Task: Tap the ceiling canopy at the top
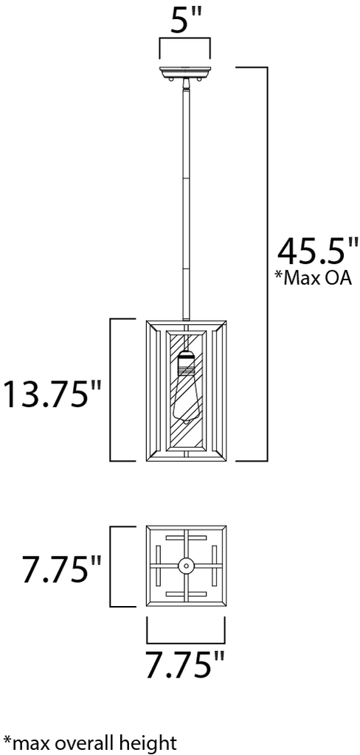point(185,72)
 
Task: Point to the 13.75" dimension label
point(52,394)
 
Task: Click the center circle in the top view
point(186,566)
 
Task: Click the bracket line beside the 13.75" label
point(111,389)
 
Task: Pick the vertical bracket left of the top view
point(111,566)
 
